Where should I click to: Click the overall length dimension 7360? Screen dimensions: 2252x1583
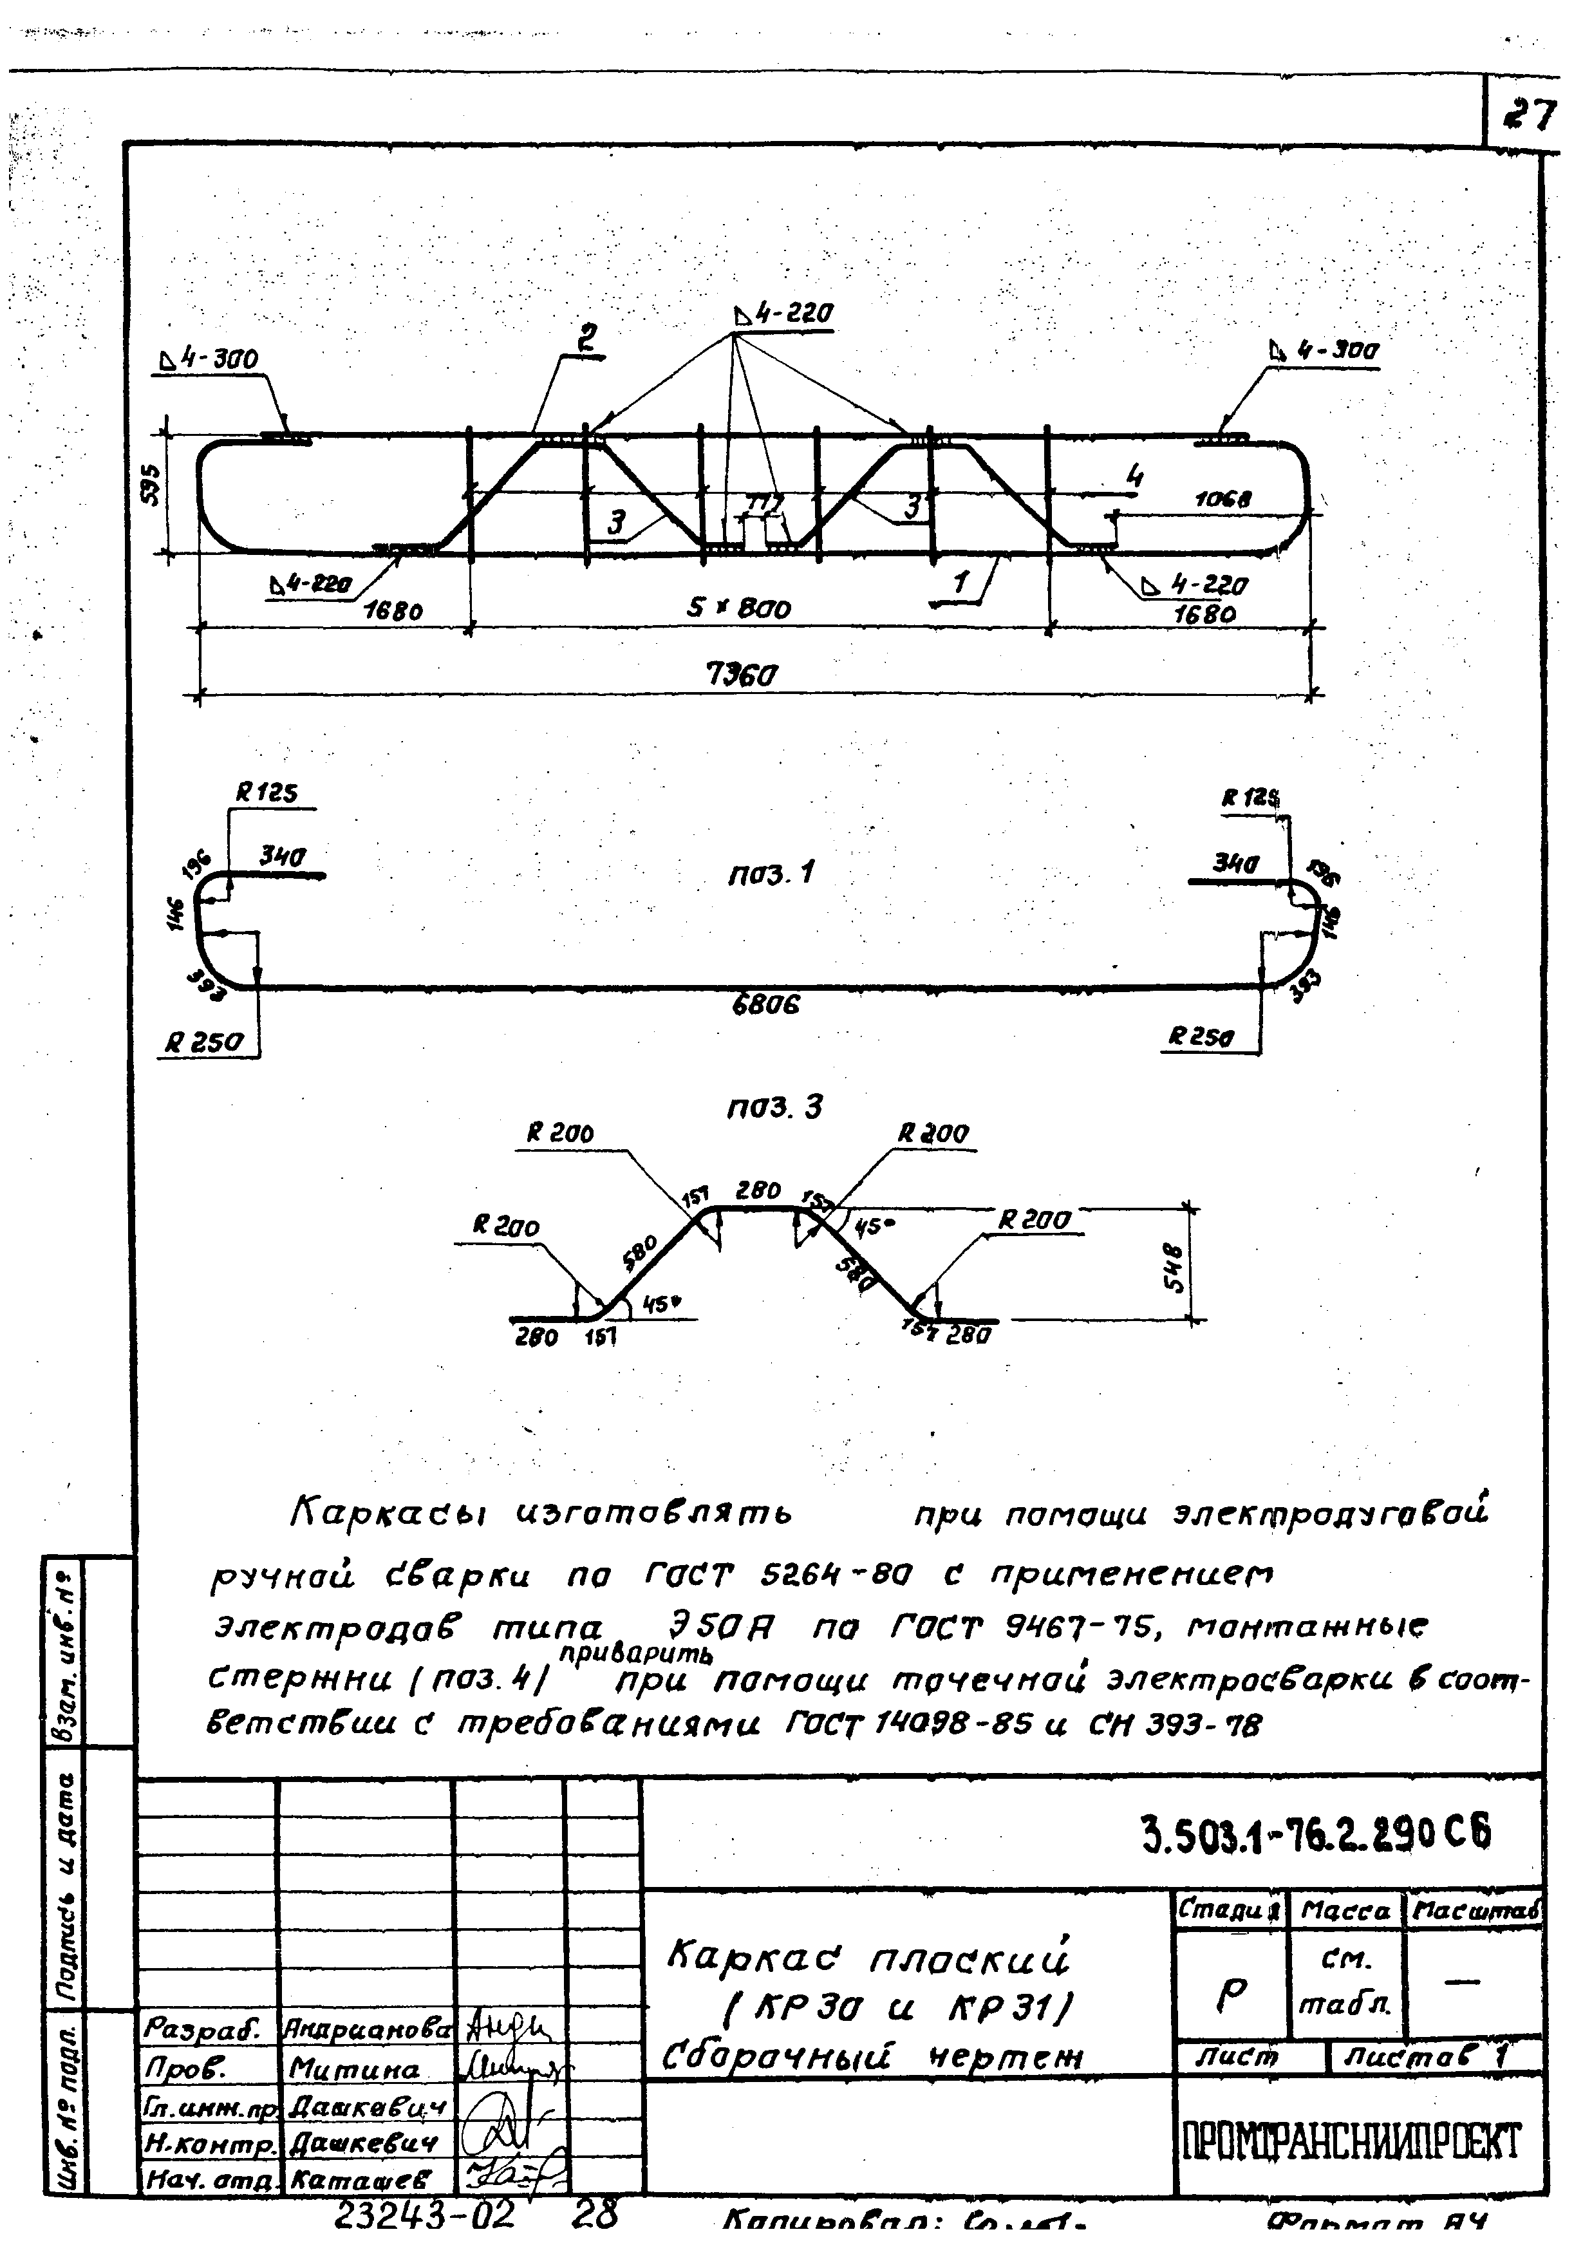tap(742, 675)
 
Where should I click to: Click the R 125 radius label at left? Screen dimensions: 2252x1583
tap(266, 793)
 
